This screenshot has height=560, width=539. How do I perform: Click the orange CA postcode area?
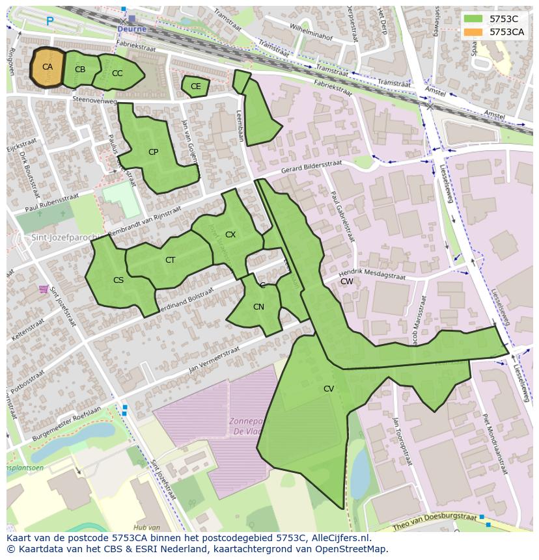(x=47, y=67)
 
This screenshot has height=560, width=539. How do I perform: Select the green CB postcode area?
(x=80, y=70)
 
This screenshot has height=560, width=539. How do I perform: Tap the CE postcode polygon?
(x=195, y=87)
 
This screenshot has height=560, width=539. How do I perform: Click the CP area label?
(x=153, y=152)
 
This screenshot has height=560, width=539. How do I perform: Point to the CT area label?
(x=170, y=260)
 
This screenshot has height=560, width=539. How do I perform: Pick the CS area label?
(x=118, y=280)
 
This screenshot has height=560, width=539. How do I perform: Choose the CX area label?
(x=230, y=234)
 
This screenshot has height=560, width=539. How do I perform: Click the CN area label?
(x=258, y=307)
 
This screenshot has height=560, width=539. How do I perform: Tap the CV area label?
(x=329, y=389)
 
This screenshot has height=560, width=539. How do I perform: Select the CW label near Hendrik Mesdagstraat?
(x=347, y=282)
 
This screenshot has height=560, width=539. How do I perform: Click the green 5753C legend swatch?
(x=473, y=19)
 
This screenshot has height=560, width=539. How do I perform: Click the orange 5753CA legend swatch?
(x=473, y=31)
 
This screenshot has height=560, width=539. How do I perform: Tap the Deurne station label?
(x=132, y=29)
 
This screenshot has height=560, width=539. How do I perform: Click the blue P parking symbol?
(x=50, y=21)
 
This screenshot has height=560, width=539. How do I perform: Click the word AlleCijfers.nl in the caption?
(x=339, y=538)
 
